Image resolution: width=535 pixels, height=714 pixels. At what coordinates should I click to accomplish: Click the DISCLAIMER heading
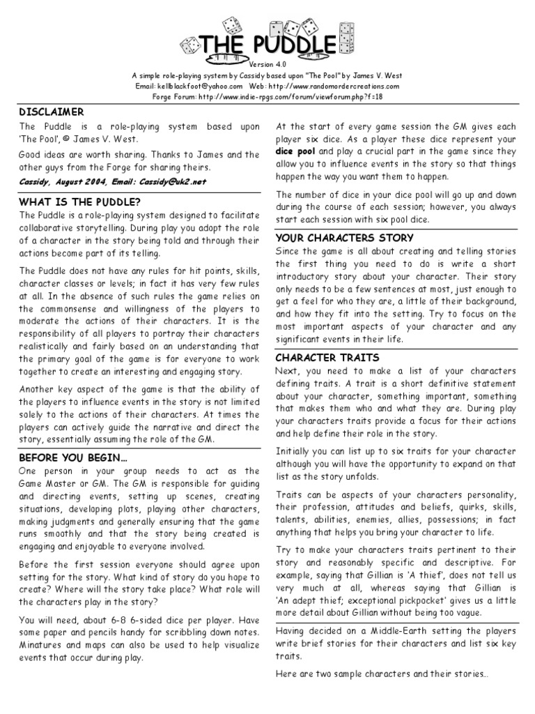[x=52, y=112]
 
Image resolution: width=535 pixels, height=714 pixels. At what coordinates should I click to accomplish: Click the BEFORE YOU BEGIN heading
[x=73, y=458]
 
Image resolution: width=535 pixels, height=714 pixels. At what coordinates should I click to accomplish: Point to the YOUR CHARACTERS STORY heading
[x=336, y=238]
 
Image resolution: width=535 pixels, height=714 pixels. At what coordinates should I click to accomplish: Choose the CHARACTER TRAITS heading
[x=317, y=358]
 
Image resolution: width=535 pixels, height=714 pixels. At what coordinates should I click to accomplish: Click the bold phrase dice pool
[x=295, y=151]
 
